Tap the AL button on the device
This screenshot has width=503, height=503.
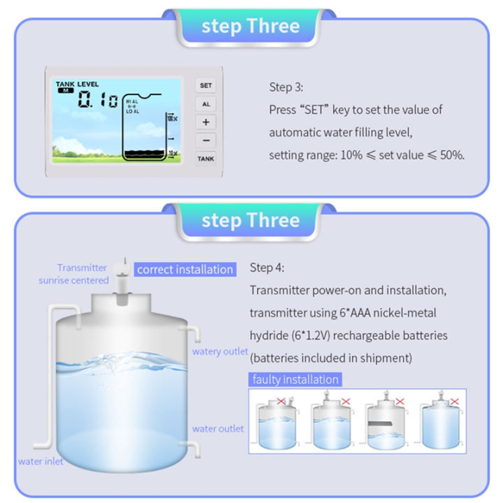pyautogui.click(x=206, y=103)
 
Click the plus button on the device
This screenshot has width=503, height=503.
pyautogui.click(x=206, y=122)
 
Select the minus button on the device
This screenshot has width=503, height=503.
pyautogui.click(x=206, y=140)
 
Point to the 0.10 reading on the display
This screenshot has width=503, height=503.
pyautogui.click(x=98, y=101)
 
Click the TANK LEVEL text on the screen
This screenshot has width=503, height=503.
pyautogui.click(x=78, y=84)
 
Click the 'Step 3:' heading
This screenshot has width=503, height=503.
pyautogui.click(x=286, y=87)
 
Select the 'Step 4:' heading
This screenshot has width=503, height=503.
pyautogui.click(x=267, y=268)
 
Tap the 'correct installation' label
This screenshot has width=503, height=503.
pyautogui.click(x=185, y=270)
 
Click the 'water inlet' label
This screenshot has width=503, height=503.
pyautogui.click(x=41, y=461)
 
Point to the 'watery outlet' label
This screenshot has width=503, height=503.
pyautogui.click(x=220, y=351)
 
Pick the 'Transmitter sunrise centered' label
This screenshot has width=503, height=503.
pyautogui.click(x=82, y=274)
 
